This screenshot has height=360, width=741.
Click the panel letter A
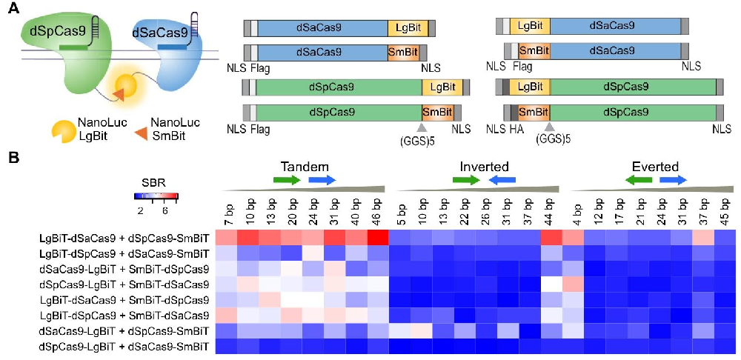click(13, 10)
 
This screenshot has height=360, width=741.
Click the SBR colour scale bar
click(156, 197)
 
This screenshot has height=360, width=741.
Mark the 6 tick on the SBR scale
click(165, 211)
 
